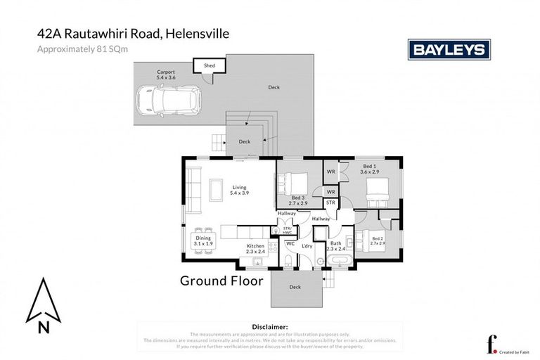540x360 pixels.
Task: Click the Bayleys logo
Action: click(x=449, y=49)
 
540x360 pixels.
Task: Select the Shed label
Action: click(x=210, y=65)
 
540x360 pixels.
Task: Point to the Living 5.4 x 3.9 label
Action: click(x=240, y=190)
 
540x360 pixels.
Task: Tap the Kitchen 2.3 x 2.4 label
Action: click(x=255, y=248)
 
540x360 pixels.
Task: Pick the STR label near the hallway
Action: click(x=331, y=202)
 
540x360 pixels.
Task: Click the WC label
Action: click(x=290, y=243)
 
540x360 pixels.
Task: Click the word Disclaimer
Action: click(x=269, y=327)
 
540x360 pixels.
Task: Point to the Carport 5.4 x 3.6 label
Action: click(x=167, y=74)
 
